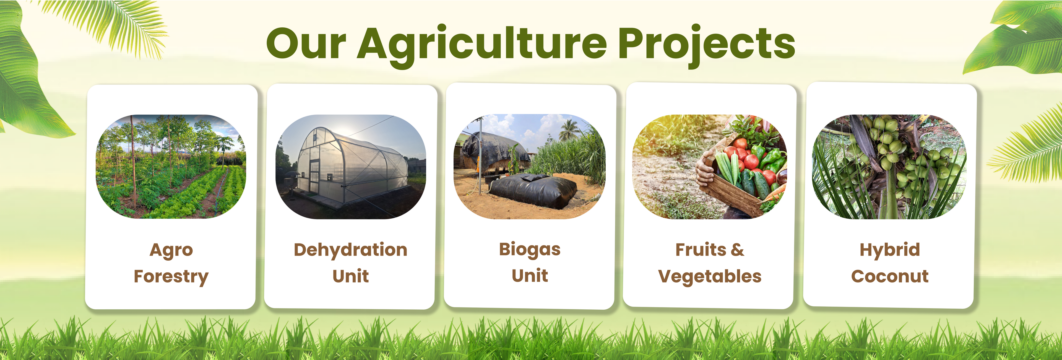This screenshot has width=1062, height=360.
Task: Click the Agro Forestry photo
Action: coord(171,167)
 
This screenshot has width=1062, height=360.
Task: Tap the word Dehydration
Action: coord(350,250)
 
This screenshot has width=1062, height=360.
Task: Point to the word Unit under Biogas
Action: coord(530,275)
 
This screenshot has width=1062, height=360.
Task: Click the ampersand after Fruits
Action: coord(738,250)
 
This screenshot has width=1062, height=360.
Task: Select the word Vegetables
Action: coord(709,276)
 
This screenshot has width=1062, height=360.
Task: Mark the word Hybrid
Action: coord(890,250)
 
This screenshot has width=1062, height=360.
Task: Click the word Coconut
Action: coord(890,276)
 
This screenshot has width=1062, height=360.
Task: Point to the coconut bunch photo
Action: coord(889,167)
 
